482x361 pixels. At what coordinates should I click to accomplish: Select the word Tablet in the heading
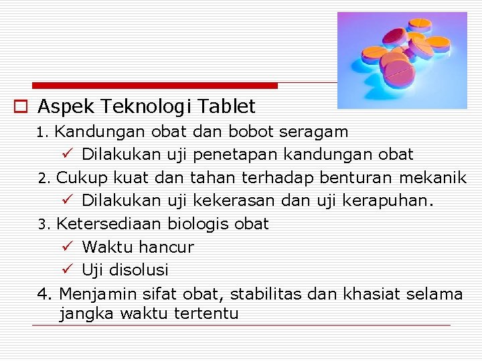228,106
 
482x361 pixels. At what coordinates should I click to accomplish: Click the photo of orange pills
402,60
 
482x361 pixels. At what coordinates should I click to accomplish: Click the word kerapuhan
389,201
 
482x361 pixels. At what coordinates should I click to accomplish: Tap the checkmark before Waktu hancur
66,247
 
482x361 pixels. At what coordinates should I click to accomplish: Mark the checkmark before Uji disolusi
66,270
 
